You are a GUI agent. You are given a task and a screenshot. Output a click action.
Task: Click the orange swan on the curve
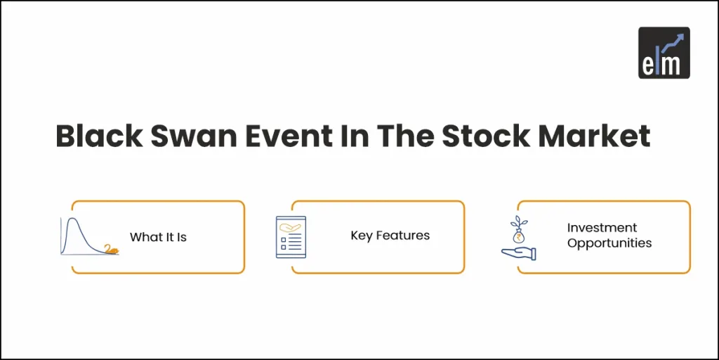(110, 248)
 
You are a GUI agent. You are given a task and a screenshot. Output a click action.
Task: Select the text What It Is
(158, 237)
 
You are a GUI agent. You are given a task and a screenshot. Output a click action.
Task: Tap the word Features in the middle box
(402, 236)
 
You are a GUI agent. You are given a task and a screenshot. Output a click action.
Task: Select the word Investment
(602, 228)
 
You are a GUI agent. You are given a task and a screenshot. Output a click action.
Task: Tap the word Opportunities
(609, 243)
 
